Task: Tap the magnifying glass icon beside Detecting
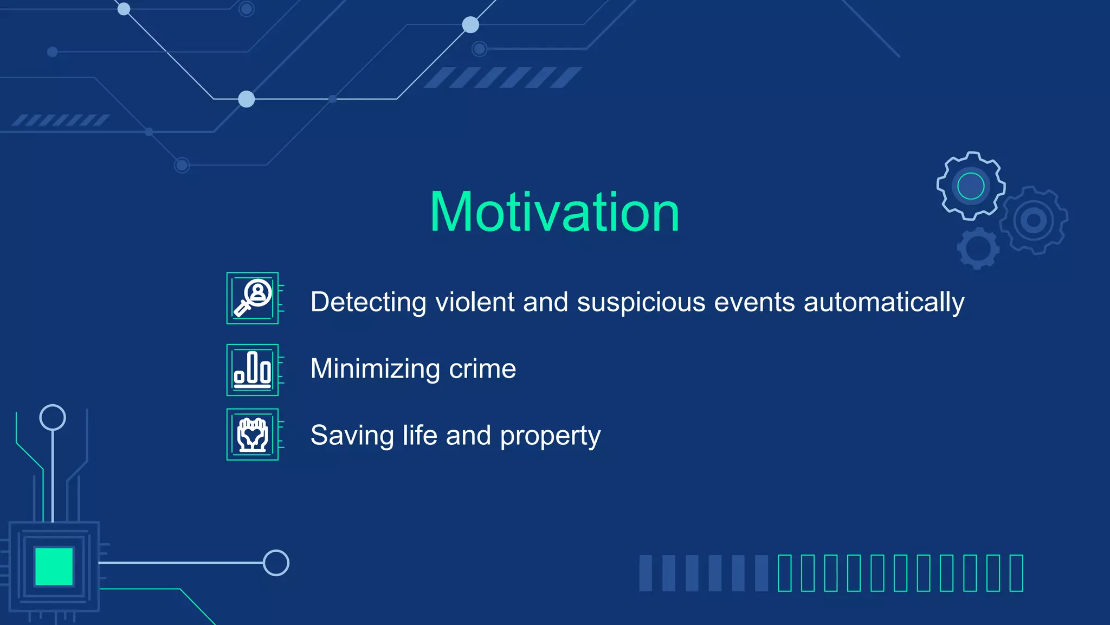pyautogui.click(x=253, y=298)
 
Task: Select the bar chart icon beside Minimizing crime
pyautogui.click(x=253, y=369)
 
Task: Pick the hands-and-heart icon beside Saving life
pyautogui.click(x=253, y=434)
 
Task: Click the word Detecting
pyautogui.click(x=369, y=302)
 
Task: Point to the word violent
pyautogui.click(x=475, y=302)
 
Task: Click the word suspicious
pyautogui.click(x=641, y=302)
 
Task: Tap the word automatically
pyautogui.click(x=883, y=302)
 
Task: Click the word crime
pyautogui.click(x=482, y=369)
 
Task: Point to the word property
pyautogui.click(x=550, y=436)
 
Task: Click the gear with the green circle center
pyautogui.click(x=971, y=186)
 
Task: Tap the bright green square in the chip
pyautogui.click(x=54, y=566)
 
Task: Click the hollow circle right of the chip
pyautogui.click(x=276, y=563)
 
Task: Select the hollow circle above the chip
pyautogui.click(x=53, y=417)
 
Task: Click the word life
pyautogui.click(x=420, y=436)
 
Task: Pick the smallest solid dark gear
pyautogui.click(x=978, y=248)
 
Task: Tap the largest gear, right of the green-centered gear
pyautogui.click(x=1034, y=220)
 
